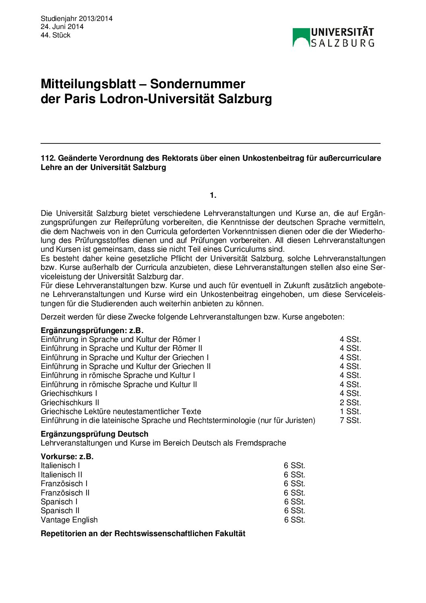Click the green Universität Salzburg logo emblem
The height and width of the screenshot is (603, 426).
coord(301,37)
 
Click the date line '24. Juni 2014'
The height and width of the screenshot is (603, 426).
coord(62,27)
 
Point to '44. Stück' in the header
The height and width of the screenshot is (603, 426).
coord(56,35)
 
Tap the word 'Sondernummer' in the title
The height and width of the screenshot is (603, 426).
coord(197,84)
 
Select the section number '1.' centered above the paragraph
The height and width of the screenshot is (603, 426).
coord(213,195)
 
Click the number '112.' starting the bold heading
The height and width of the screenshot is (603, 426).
coord(48,158)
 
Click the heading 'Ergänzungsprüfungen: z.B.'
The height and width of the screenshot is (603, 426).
coord(92,330)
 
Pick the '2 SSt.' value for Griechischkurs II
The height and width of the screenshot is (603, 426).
coord(350,402)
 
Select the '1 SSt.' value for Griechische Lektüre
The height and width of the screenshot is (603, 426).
coord(350,411)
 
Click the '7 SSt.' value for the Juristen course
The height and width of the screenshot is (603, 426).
coord(350,420)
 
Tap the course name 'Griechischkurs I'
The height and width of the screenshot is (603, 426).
coord(69,393)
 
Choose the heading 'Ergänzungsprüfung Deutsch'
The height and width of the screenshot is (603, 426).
coord(94,434)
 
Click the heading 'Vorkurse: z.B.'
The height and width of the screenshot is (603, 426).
coord(67,456)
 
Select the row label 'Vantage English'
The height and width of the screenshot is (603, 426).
coord(69,520)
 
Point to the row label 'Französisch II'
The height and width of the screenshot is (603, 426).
coord(65,493)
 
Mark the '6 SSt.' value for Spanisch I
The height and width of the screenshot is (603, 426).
coord(294,501)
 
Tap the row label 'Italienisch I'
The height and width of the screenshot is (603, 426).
coord(60,465)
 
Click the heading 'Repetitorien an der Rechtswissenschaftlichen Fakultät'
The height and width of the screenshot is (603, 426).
coord(143,533)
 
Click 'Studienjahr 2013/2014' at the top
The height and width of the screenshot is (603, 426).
coord(77,19)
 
